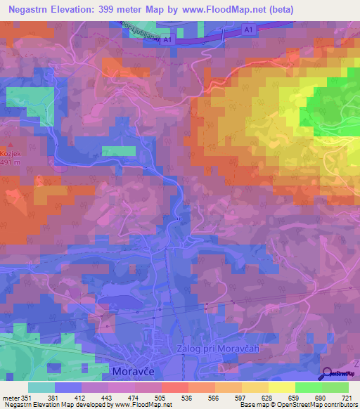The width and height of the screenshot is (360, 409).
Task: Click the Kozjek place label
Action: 12,152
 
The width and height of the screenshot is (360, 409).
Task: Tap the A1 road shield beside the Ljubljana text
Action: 167,41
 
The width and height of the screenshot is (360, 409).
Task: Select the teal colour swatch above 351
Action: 41,387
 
